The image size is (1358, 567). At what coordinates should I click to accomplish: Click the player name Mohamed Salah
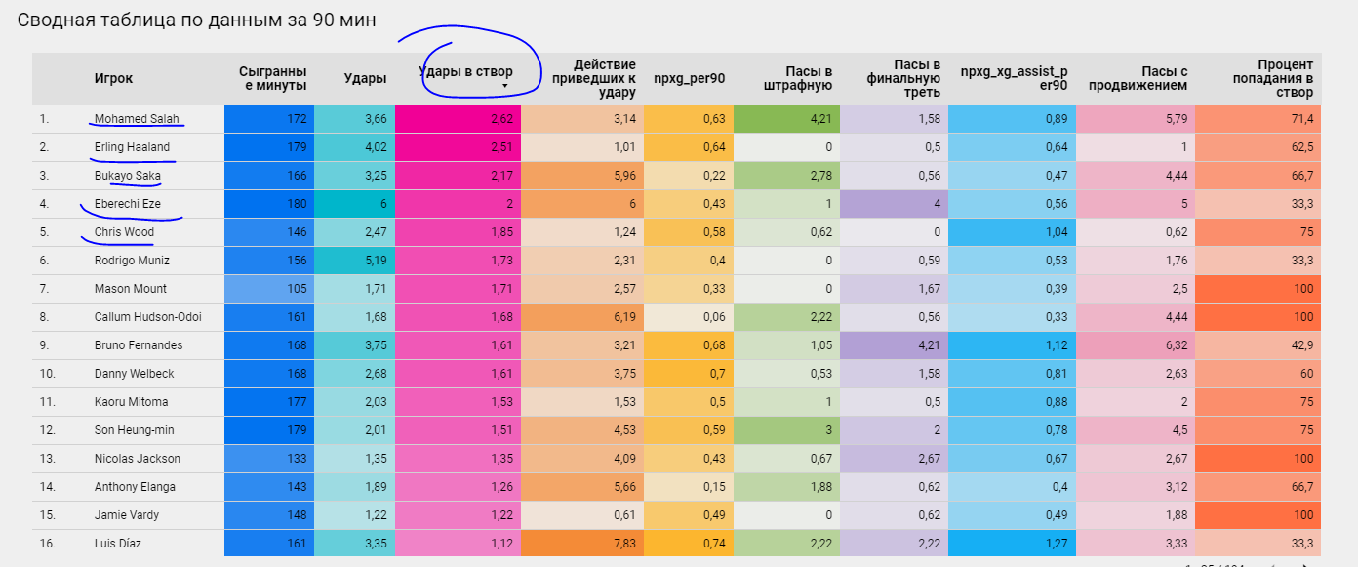pyautogui.click(x=136, y=119)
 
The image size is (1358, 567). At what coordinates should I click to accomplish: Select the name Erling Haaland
pyautogui.click(x=132, y=147)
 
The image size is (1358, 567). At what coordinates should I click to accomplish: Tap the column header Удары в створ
pyautogui.click(x=465, y=71)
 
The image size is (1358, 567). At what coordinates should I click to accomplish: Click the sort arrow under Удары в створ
pyautogui.click(x=504, y=87)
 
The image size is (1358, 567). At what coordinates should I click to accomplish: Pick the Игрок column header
pyautogui.click(x=113, y=79)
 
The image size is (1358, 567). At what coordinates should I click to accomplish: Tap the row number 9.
pyautogui.click(x=43, y=345)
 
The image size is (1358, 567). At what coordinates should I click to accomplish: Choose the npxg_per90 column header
pyautogui.click(x=689, y=79)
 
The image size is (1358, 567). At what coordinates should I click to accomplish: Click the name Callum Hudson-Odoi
pyautogui.click(x=148, y=317)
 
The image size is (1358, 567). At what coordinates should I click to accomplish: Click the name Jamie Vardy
pyautogui.click(x=127, y=515)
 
